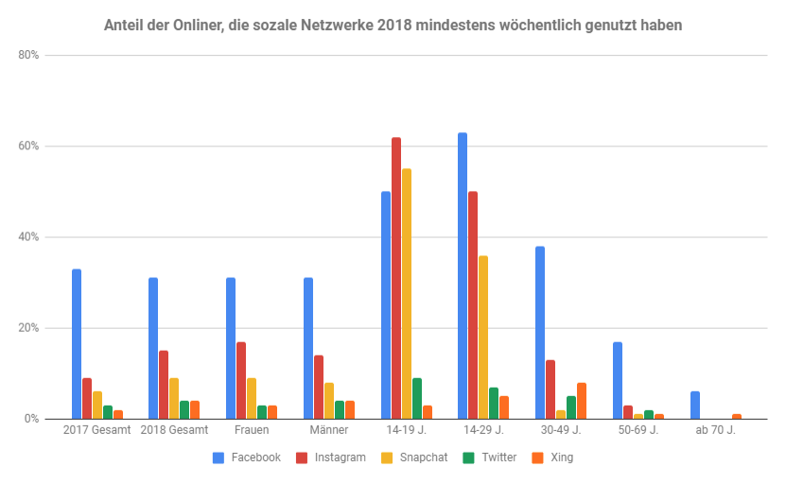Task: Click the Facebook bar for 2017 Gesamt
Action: point(77,344)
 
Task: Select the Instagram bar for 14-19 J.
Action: point(396,278)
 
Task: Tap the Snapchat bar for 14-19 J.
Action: point(407,294)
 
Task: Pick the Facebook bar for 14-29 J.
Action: point(463,276)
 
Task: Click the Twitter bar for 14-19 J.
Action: point(417,398)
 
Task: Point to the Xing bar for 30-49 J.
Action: point(582,401)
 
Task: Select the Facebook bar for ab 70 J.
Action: point(695,405)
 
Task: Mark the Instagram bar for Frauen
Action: point(241,380)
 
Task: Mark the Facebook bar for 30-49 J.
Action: point(540,333)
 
